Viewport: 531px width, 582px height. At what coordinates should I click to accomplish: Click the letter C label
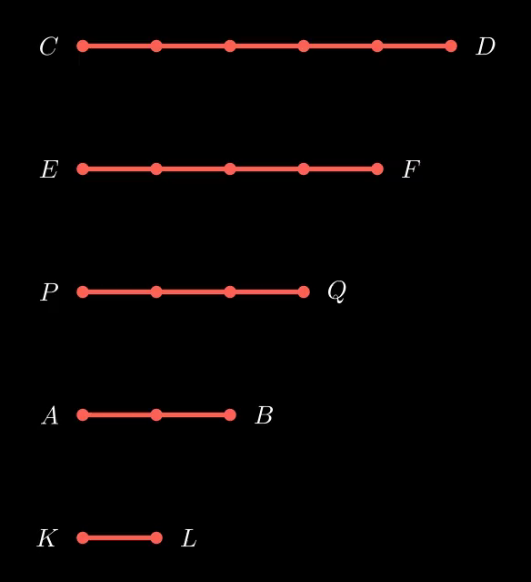point(48,46)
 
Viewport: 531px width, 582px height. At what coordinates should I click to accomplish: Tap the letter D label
point(486,46)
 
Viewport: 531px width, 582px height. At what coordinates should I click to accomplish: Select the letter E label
point(49,169)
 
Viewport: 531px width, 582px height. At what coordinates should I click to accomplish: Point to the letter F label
point(411,169)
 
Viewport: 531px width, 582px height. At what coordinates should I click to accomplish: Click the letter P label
point(49,292)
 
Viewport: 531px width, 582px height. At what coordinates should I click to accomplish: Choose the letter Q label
point(336,291)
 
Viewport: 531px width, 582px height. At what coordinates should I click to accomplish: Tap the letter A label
point(50,415)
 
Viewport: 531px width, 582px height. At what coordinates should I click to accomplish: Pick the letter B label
point(264,415)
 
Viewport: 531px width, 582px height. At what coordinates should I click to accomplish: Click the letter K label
point(47,538)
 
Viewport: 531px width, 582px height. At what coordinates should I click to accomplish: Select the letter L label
point(189,538)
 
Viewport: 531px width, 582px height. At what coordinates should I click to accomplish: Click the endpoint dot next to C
point(83,46)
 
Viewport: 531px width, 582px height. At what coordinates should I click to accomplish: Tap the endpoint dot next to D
point(451,46)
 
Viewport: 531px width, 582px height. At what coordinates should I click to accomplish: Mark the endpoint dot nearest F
point(377,168)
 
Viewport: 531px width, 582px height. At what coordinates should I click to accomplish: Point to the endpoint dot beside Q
point(304,291)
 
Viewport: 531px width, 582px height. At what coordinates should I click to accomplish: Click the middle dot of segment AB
point(156,414)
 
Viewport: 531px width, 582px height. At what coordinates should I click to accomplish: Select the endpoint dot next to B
point(230,414)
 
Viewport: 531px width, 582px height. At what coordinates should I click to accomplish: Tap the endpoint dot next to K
point(83,537)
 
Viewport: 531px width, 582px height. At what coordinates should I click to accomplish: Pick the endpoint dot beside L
point(156,537)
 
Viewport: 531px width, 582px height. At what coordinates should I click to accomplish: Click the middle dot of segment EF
point(230,168)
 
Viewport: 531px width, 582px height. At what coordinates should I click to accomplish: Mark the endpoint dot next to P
point(83,291)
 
